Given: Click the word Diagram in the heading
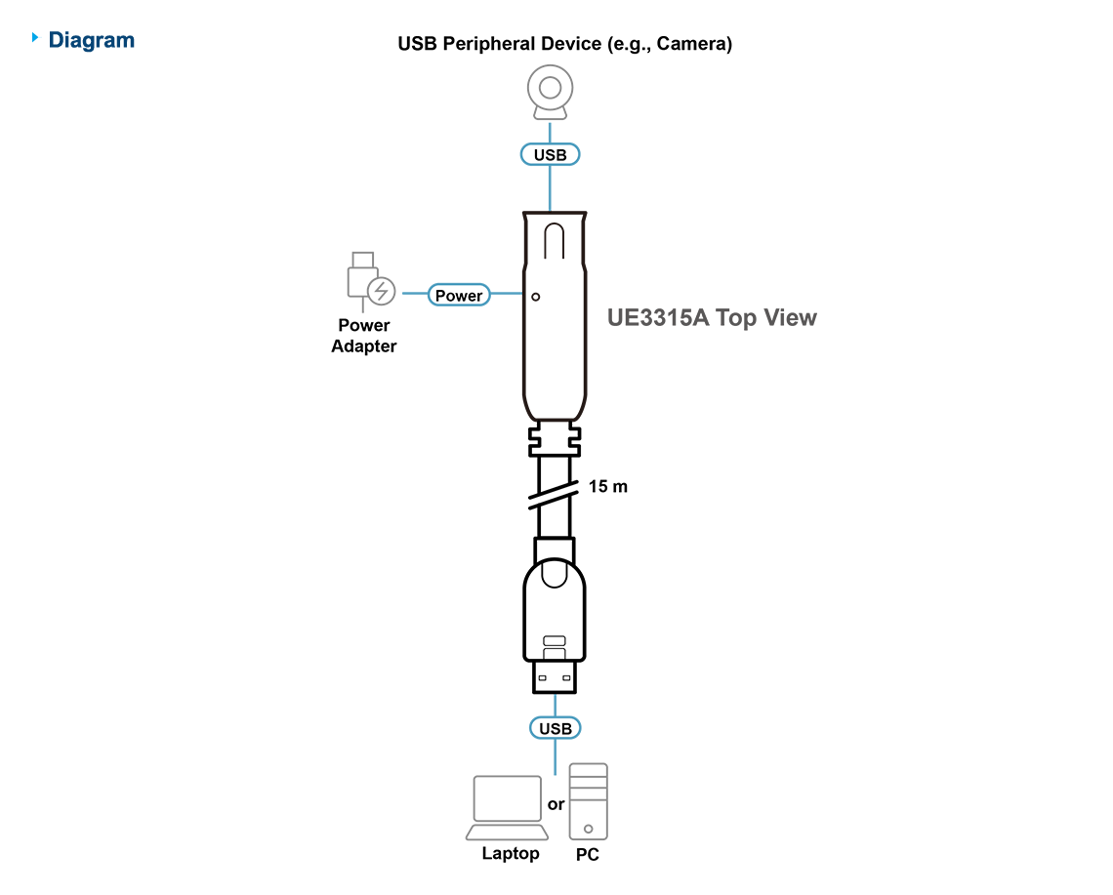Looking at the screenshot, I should (x=92, y=40).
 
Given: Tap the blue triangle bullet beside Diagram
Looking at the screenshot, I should (x=36, y=38).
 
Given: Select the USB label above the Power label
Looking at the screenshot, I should (x=551, y=154).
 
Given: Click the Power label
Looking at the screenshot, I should (x=459, y=296).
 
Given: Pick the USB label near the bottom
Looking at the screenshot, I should (x=556, y=728).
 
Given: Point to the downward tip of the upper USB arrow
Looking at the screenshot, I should (x=551, y=208).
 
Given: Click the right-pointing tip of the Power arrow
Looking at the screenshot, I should (x=522, y=294).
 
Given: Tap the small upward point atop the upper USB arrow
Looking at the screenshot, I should (x=550, y=125).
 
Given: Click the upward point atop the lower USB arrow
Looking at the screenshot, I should (x=556, y=696).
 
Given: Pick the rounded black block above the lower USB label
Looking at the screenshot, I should (x=554, y=615).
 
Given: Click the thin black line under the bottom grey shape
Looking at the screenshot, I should (x=542, y=860).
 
